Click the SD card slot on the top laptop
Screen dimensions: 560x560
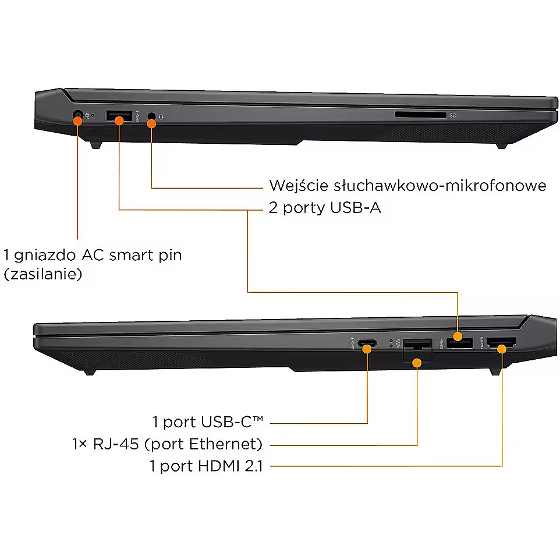(420, 115)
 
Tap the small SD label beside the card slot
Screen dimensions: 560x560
(453, 115)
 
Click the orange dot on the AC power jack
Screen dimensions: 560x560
(77, 120)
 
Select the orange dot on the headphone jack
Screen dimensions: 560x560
(151, 123)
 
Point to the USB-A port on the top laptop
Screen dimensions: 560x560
(119, 116)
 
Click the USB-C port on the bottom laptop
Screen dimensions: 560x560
(367, 343)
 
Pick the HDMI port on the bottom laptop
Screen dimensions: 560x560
(501, 343)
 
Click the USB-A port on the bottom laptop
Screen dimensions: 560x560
(460, 343)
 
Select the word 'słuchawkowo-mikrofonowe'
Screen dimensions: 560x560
(440, 186)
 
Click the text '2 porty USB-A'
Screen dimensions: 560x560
(325, 208)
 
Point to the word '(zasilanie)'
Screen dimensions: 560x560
(43, 274)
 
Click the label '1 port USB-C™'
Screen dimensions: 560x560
(208, 422)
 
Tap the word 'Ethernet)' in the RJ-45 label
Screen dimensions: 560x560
(226, 444)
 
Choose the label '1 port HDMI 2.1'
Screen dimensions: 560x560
(206, 466)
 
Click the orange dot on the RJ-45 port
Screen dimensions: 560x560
(417, 363)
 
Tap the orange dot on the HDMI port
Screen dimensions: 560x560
(502, 349)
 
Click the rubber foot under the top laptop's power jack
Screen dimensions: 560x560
(95, 146)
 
